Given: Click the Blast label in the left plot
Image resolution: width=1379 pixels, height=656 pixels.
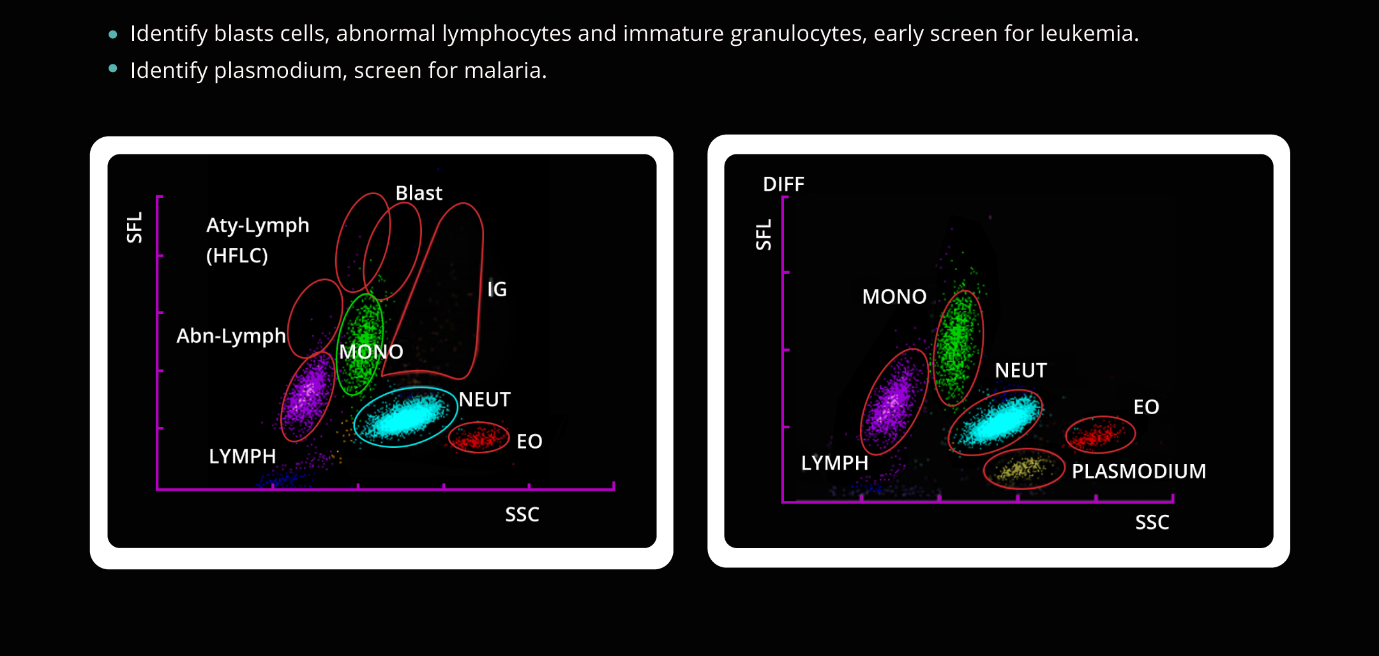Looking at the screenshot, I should [x=419, y=193].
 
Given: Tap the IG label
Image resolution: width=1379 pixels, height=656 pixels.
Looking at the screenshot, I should [x=497, y=289].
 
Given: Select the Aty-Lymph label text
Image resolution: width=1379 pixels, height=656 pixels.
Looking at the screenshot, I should [x=257, y=225].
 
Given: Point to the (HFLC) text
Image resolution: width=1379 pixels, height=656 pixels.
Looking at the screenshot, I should [x=237, y=255].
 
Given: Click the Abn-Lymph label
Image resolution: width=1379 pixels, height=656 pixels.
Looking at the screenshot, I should [x=231, y=336].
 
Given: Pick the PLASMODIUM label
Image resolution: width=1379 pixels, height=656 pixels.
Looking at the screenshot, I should [x=1138, y=471].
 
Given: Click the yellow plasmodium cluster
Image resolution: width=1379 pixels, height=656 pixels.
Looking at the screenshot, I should [x=1023, y=469].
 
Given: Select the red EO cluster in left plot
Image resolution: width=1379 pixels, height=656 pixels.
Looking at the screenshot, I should [x=479, y=438].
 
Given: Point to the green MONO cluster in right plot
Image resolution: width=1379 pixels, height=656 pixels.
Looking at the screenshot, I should [x=958, y=348].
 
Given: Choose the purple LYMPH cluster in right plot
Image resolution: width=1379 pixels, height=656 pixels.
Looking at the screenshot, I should [x=894, y=402].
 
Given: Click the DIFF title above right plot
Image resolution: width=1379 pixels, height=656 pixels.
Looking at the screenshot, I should [x=783, y=184].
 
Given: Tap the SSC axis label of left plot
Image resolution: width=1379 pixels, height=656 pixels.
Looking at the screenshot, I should [x=522, y=514].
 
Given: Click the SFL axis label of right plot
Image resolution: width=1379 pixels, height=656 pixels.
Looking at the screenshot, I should [x=764, y=234].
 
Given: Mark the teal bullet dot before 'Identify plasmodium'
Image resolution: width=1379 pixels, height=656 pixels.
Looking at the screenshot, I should [x=113, y=68].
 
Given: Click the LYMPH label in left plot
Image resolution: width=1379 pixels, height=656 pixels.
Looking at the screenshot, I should [x=242, y=456].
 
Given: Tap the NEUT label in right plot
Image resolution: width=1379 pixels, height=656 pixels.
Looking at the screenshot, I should [x=1020, y=370].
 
